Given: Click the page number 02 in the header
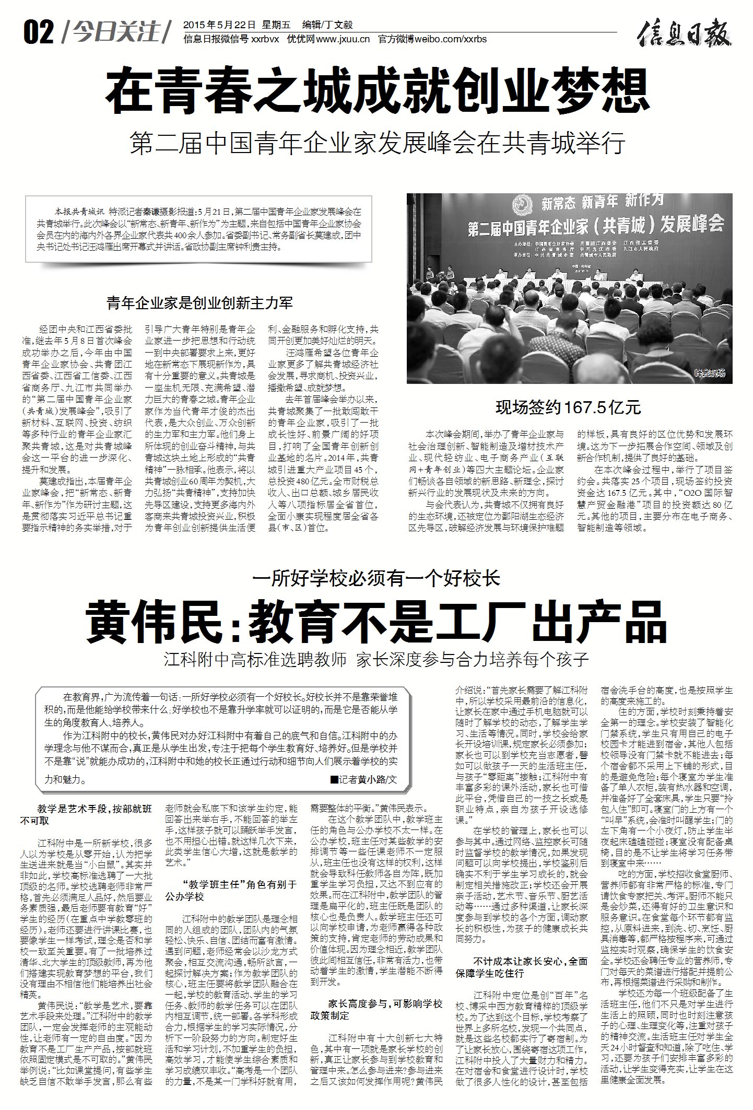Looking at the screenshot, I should tap(39, 32).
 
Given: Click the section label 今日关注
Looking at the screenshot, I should tap(116, 32).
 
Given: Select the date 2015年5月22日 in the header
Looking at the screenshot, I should tap(219, 25).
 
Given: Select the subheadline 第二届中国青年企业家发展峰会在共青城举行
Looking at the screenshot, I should tap(377, 143).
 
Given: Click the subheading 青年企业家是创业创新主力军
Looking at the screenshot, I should tap(199, 302).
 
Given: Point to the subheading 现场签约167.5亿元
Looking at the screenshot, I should tap(568, 407).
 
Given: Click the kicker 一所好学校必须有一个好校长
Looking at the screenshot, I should tap(376, 578).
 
